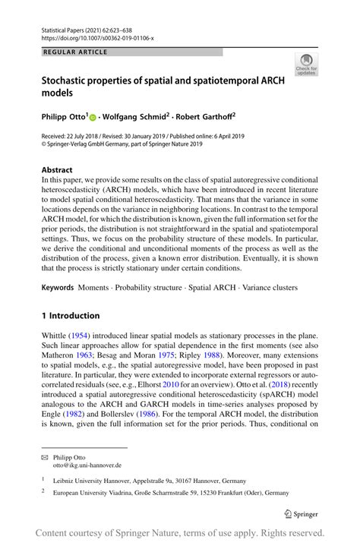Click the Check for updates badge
(306, 64)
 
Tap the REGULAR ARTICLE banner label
(75, 52)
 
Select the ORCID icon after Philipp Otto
(93, 118)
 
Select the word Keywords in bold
(58, 288)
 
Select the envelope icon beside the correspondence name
(46, 458)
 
